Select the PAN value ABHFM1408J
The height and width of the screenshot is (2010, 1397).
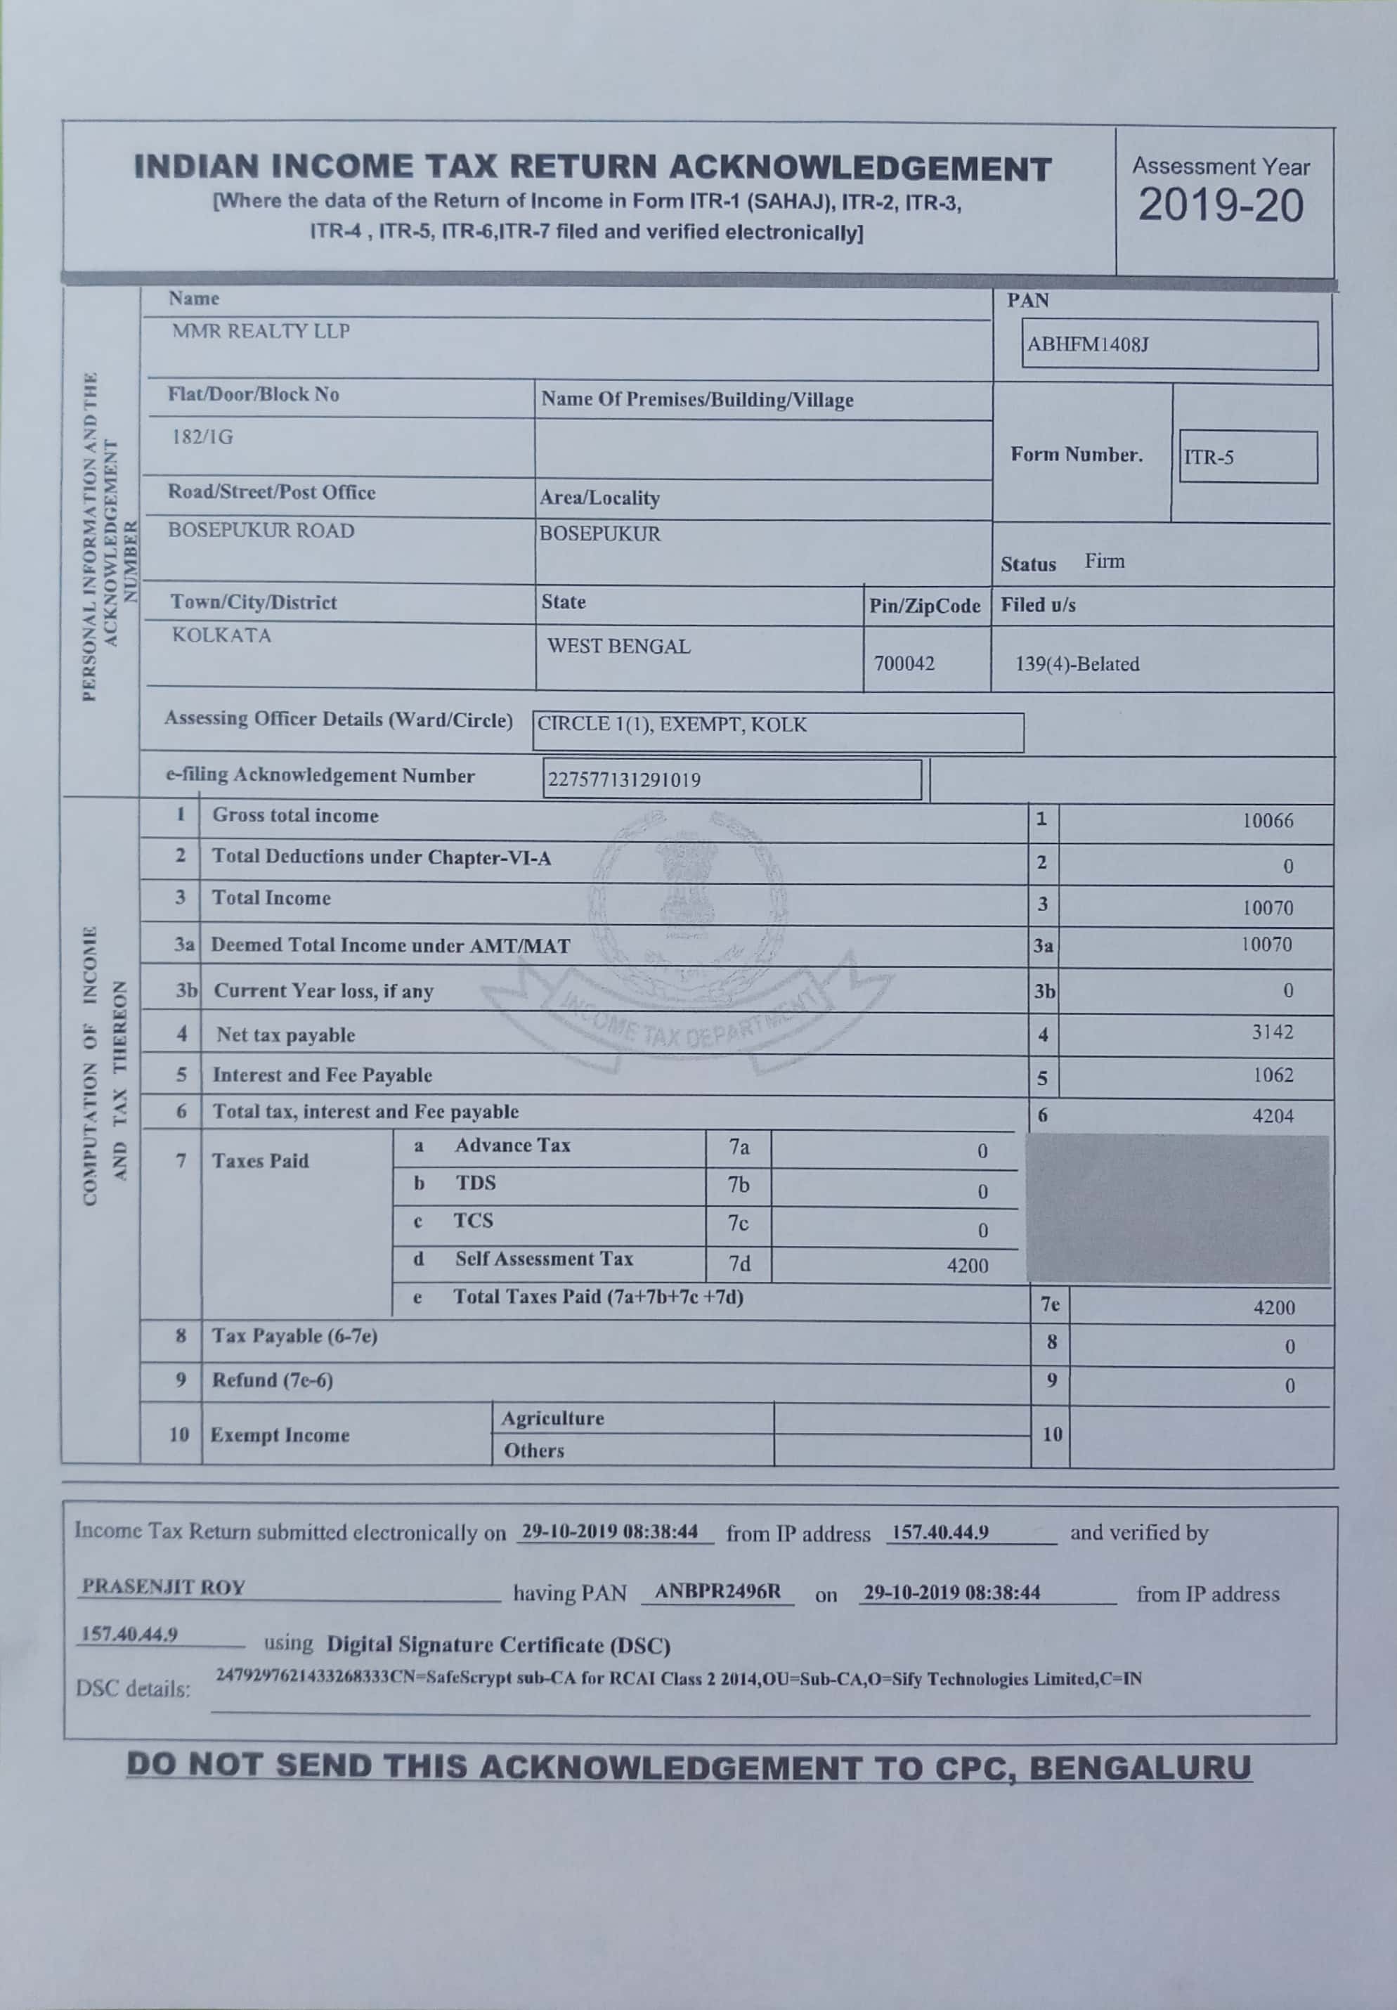1087,344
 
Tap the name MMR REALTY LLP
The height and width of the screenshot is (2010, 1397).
261,331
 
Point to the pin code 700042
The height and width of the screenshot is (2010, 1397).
904,663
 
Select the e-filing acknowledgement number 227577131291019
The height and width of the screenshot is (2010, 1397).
623,779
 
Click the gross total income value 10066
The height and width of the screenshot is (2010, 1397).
1268,820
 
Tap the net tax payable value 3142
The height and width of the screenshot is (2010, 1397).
1272,1032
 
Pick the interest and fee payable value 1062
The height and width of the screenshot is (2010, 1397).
1273,1075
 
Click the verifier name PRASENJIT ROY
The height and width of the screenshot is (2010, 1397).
164,1587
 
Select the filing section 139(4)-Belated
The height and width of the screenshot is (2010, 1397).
1077,663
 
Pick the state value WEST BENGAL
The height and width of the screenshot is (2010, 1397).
619,646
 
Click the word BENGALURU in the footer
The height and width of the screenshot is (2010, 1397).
1140,1768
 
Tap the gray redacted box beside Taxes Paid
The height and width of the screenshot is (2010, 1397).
1177,1209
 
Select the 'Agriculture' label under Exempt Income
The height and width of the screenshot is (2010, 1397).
552,1418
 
